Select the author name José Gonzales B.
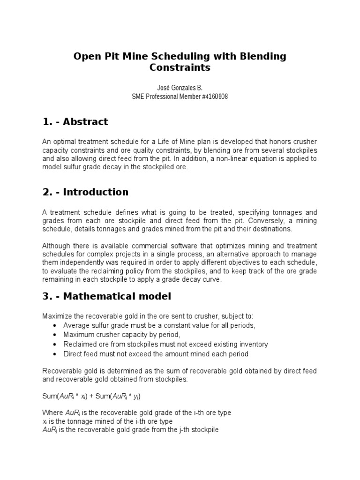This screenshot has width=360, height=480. click(x=180, y=88)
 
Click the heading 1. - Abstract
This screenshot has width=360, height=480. click(x=75, y=122)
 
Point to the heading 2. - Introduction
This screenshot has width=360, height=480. click(x=85, y=192)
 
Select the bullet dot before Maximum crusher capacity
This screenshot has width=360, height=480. click(x=55, y=335)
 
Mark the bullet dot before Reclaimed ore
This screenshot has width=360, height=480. click(x=55, y=345)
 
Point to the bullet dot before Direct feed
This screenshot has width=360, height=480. click(x=55, y=354)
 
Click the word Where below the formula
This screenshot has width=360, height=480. click(x=52, y=412)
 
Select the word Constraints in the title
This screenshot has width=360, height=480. click(x=180, y=68)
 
